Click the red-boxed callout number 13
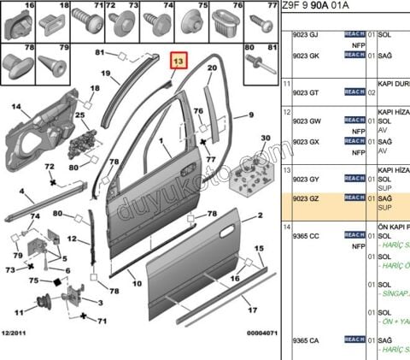179,63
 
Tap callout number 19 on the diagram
107,74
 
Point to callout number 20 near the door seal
212,68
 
